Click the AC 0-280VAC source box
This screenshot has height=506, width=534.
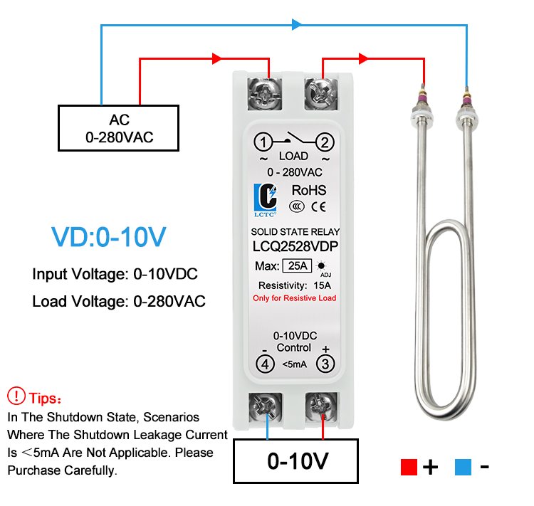118,128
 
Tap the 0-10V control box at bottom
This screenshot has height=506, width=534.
295,461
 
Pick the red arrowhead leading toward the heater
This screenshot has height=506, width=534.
364,58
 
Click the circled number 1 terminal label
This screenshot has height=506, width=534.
263,142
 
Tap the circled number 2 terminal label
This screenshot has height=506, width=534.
325,142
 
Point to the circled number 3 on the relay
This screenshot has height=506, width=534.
325,364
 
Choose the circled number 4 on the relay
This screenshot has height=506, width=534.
266,364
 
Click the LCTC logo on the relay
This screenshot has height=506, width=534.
266,200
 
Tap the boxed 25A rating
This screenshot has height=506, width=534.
298,265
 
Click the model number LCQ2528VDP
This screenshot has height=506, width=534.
295,246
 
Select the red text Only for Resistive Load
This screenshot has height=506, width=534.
295,298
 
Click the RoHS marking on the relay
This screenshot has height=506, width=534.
309,190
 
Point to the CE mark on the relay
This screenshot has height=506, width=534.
318,206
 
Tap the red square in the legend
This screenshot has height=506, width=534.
409,467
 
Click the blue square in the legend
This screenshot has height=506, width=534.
464,467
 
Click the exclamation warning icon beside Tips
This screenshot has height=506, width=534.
16,396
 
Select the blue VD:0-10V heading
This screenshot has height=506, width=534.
109,237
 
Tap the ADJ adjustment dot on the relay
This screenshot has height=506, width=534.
321,265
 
